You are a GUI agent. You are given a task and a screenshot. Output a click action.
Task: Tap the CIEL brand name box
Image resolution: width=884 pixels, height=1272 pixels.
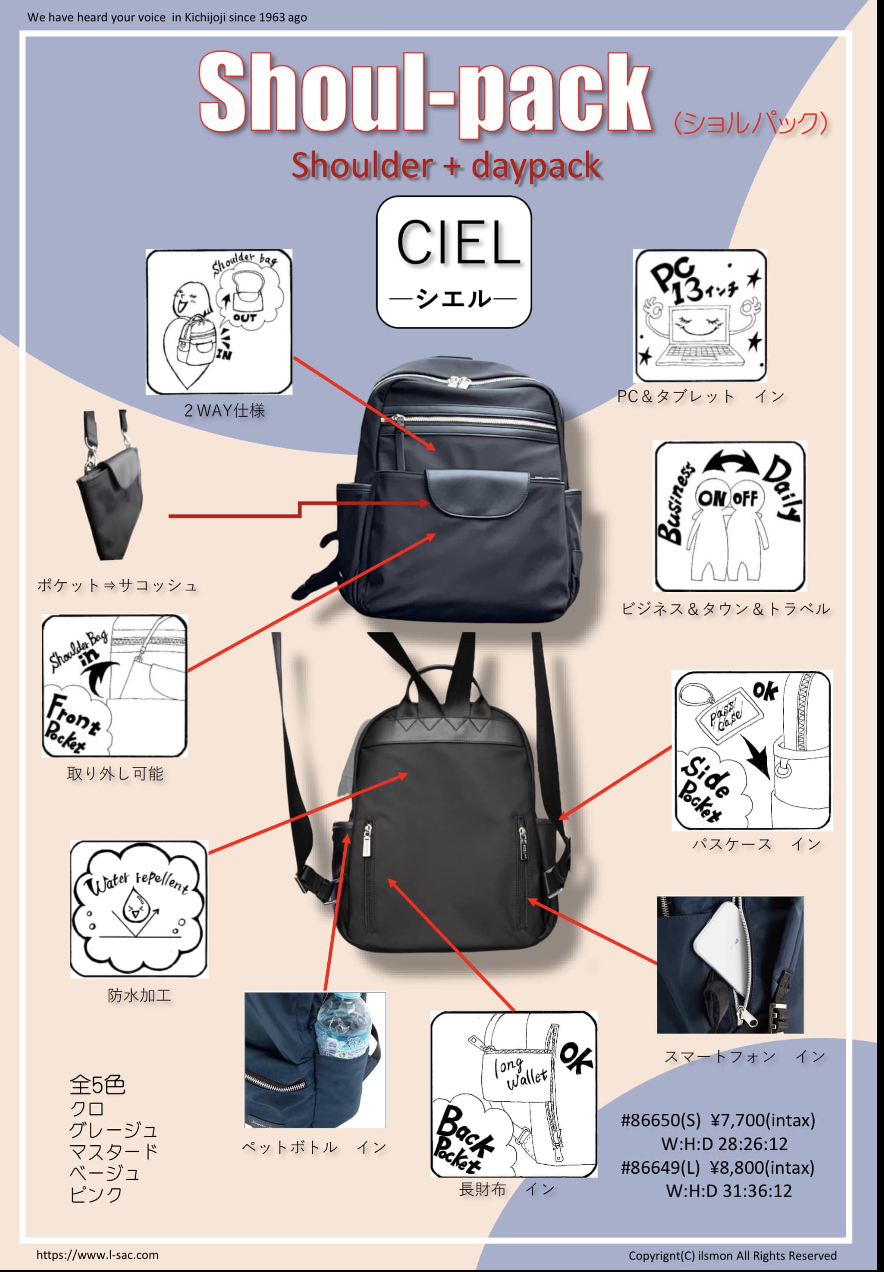(x=453, y=261)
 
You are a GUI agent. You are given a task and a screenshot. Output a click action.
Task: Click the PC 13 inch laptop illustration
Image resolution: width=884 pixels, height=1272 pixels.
(x=700, y=316)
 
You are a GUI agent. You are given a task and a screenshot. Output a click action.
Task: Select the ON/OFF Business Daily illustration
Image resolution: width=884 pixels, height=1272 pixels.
(x=730, y=516)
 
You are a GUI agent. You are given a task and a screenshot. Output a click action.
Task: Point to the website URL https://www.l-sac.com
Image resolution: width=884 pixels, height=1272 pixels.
(x=97, y=1255)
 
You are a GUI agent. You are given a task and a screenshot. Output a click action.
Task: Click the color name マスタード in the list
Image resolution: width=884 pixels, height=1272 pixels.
(x=114, y=1151)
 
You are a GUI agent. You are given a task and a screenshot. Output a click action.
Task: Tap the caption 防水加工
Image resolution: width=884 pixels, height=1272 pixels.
(x=139, y=996)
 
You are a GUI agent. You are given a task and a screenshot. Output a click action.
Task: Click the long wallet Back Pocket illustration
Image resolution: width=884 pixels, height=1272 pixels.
(x=513, y=1094)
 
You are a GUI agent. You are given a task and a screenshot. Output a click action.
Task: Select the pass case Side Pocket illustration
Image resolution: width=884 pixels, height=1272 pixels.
(x=752, y=750)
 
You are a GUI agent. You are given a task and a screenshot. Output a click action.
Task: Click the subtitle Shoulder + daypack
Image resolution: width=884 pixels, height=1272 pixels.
(x=446, y=166)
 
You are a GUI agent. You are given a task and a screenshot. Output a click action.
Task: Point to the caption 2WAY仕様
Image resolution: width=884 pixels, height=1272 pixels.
(x=224, y=411)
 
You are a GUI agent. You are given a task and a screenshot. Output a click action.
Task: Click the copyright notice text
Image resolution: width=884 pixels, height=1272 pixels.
(x=732, y=1256)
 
